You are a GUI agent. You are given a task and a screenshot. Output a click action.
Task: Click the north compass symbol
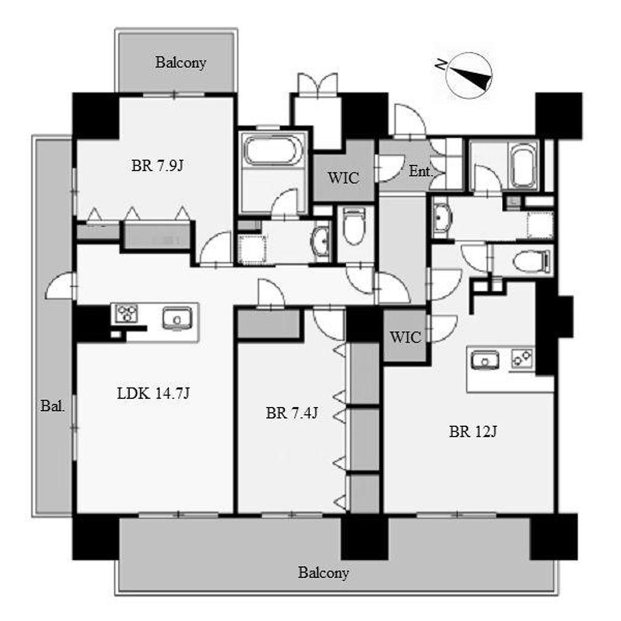(x=469, y=76)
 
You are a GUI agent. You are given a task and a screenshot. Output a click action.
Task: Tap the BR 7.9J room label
(x=157, y=166)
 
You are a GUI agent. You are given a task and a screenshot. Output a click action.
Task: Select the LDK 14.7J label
(x=153, y=393)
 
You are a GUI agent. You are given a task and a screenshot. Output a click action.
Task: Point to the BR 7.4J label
(x=292, y=413)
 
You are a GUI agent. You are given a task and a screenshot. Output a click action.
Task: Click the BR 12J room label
(x=473, y=431)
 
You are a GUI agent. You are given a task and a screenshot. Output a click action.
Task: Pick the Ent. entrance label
(x=420, y=171)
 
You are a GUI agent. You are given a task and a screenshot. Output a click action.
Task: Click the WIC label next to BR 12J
(x=405, y=337)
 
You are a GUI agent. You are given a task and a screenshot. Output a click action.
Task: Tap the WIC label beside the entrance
(x=343, y=178)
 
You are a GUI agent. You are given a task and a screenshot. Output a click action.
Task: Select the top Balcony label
(x=181, y=62)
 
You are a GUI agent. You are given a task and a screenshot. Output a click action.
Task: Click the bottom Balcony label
(x=324, y=572)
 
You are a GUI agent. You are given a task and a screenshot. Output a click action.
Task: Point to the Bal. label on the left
(x=52, y=406)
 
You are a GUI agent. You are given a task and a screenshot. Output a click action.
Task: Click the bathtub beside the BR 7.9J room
(x=272, y=150)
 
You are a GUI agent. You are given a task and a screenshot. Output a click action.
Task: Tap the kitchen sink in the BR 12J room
(x=485, y=360)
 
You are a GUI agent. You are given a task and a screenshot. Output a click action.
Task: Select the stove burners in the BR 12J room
(x=522, y=359)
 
